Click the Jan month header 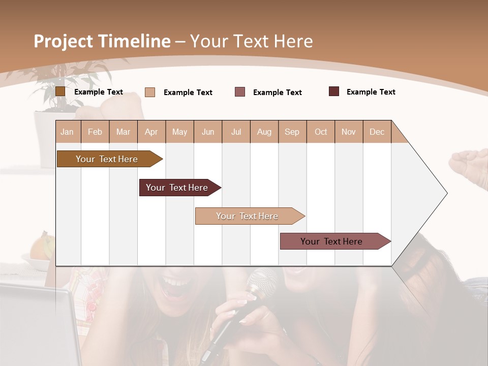pos(68,132)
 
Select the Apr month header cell pos(151,132)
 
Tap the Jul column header pos(236,132)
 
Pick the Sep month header pos(292,132)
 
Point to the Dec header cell pos(377,132)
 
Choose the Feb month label pos(95,132)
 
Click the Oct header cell pos(321,132)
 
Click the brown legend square pos(60,91)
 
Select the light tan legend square pos(149,92)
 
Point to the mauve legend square pos(240,92)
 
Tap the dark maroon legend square pos(334,91)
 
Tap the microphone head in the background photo pos(261,282)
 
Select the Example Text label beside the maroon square pos(371,92)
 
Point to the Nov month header pos(349,132)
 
